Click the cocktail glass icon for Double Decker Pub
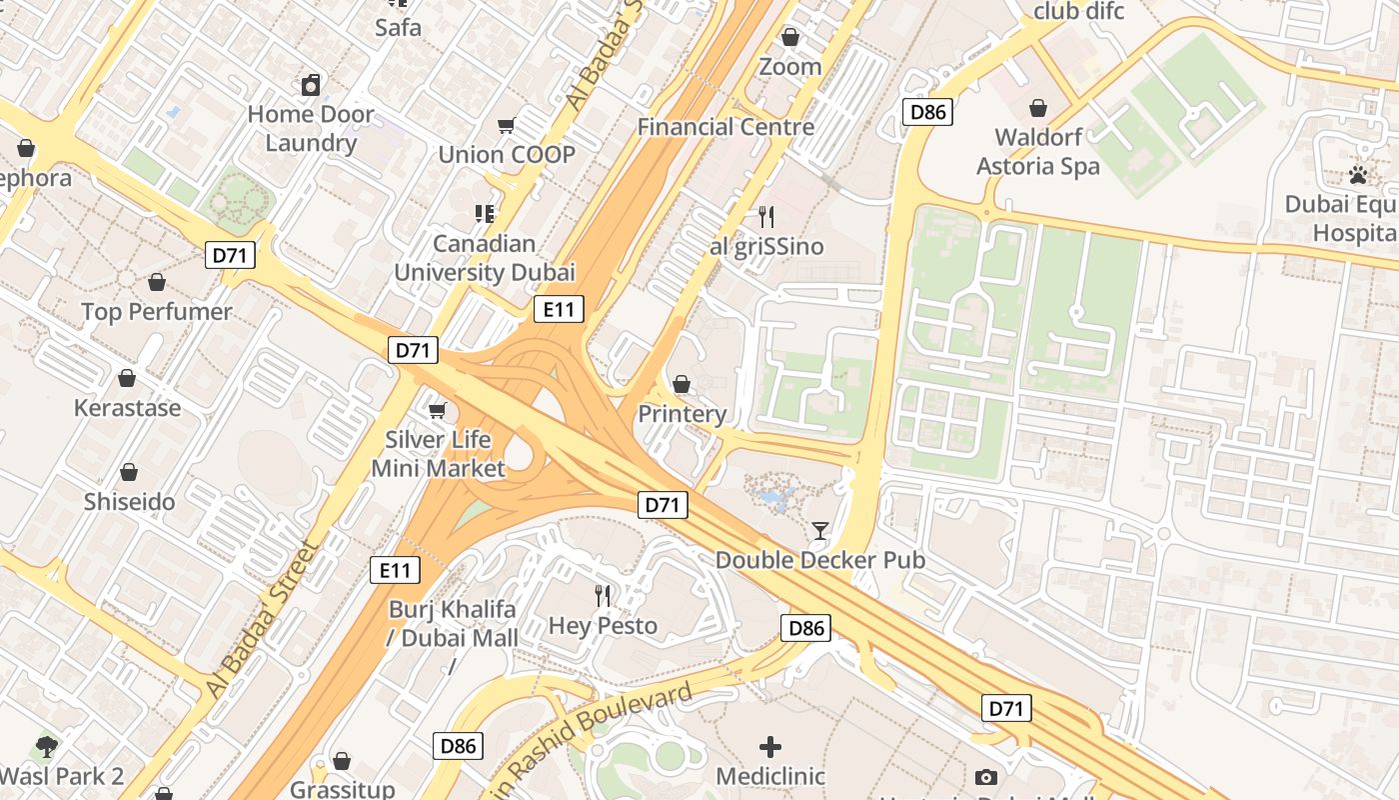coord(820,530)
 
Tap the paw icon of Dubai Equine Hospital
coord(1357,176)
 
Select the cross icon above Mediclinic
coord(770,746)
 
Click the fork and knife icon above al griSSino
coord(766,216)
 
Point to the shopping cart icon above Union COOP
coord(507,125)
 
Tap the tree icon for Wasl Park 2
coord(46,746)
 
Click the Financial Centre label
coord(725,127)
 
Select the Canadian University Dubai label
coord(485,258)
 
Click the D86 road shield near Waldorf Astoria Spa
coord(927,112)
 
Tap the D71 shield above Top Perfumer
coord(230,255)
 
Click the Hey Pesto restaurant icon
coord(603,596)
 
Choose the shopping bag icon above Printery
coord(682,384)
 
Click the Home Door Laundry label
coord(311,128)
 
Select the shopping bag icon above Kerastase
coord(127,378)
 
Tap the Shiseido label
coord(129,502)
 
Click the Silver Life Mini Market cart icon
coord(437,411)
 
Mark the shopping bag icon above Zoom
coord(790,37)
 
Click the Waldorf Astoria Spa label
coord(1038,152)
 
